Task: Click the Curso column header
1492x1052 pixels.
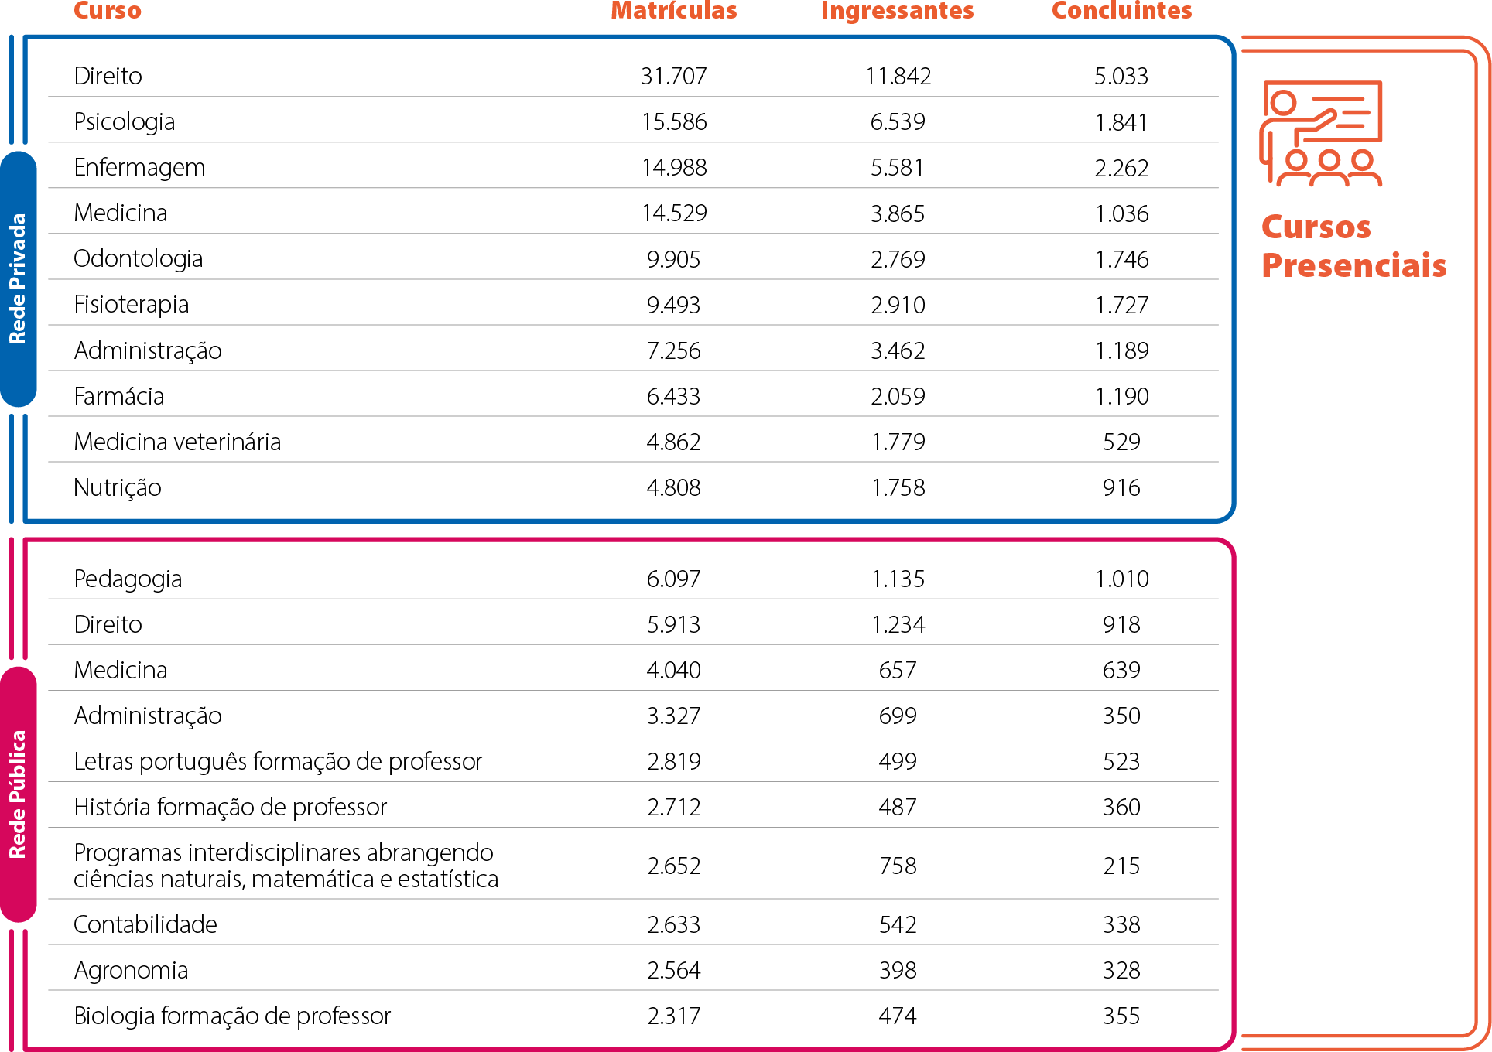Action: pos(108,11)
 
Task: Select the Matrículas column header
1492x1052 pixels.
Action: pos(673,11)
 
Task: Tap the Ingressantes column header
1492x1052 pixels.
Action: pos(897,11)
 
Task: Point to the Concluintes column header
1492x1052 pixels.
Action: pos(1121,11)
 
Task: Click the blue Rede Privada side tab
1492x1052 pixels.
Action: pos(18,278)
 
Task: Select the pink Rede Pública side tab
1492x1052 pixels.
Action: pos(18,794)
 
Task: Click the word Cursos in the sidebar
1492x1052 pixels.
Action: pos(1316,227)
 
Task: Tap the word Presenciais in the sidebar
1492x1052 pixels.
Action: pos(1353,265)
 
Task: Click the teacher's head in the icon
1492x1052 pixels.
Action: pos(1284,102)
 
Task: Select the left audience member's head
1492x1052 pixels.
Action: pos(1296,160)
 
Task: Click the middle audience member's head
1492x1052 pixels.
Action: pos(1329,160)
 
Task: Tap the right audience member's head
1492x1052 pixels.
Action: pos(1363,160)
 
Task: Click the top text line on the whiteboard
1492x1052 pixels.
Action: pos(1338,99)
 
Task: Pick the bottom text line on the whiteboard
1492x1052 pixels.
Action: pos(1351,125)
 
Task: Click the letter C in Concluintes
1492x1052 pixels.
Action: pos(1059,11)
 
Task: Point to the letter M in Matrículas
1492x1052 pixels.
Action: pos(621,11)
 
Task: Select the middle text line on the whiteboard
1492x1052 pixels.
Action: pos(1356,112)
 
